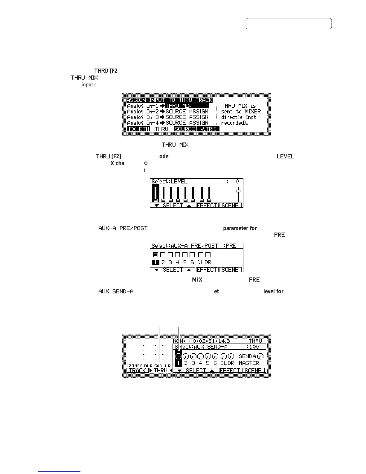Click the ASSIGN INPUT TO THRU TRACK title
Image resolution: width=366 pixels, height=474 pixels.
coord(169,100)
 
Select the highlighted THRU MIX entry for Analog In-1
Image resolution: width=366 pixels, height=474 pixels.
coord(187,106)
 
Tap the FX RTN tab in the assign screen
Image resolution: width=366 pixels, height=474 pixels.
coord(138,129)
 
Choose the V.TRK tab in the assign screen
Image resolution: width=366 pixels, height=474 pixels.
coord(208,129)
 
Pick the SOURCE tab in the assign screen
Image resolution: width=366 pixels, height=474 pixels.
coord(184,129)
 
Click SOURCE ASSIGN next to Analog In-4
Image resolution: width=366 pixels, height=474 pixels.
coord(187,123)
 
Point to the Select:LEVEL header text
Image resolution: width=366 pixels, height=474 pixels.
coord(169,181)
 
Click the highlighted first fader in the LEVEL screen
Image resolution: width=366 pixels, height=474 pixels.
coord(155,194)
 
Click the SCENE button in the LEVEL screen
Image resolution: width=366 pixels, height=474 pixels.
coord(231,205)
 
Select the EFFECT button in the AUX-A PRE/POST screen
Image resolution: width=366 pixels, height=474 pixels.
coord(207,270)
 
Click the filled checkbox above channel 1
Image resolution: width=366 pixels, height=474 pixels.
coord(155,255)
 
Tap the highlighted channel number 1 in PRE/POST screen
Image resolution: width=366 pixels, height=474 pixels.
coord(155,262)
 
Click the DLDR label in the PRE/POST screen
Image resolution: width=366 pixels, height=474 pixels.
coord(204,262)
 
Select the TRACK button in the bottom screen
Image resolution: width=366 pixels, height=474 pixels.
coord(137,370)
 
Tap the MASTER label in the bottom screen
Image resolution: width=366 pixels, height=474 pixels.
coord(249,363)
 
